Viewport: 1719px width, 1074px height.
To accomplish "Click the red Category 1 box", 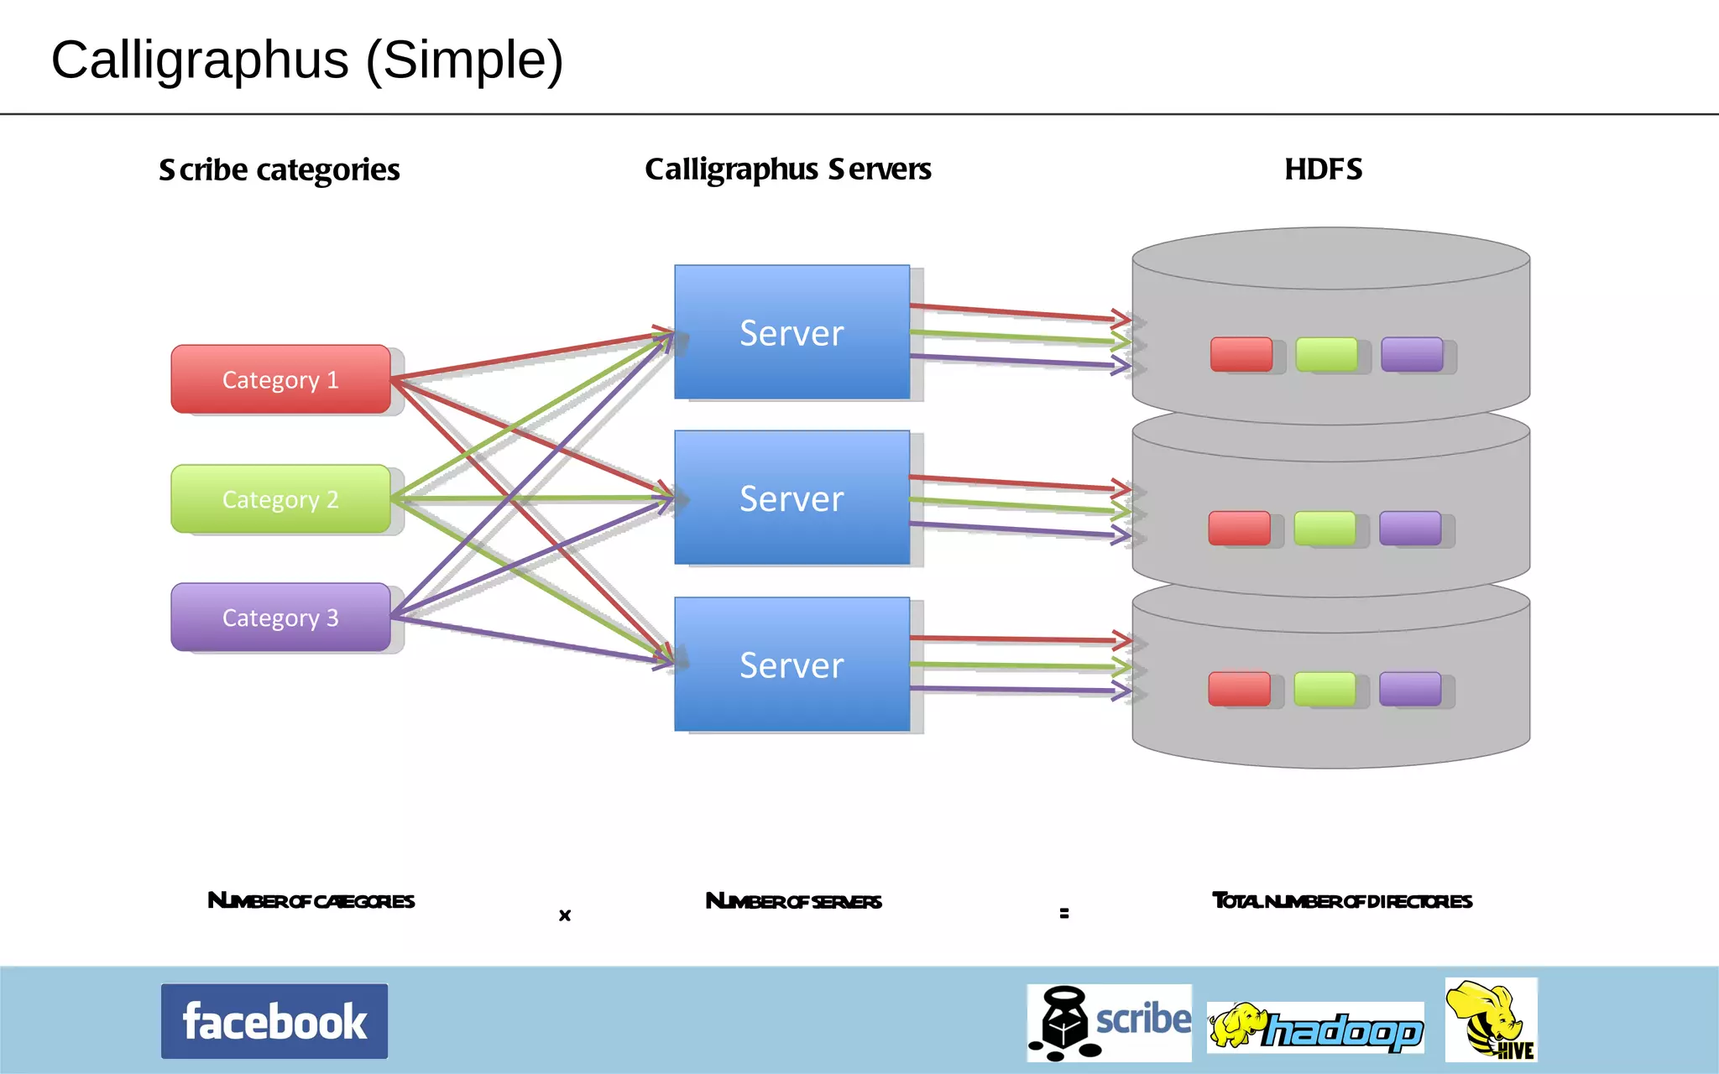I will (280, 379).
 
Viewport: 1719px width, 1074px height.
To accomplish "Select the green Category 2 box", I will (280, 499).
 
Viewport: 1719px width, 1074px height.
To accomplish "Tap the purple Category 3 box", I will (280, 618).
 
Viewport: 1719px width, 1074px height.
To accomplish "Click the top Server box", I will (792, 332).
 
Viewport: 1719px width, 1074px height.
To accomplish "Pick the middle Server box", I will (792, 498).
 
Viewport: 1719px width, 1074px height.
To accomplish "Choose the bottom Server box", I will (792, 665).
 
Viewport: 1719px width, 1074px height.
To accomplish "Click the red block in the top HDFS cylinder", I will (1241, 354).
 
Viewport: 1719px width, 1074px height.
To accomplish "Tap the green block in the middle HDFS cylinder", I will (1325, 529).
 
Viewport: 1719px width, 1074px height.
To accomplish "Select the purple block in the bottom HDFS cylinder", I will (1410, 689).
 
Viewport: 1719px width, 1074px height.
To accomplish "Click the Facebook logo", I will (274, 1021).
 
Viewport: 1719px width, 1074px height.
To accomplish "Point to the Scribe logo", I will (1109, 1023).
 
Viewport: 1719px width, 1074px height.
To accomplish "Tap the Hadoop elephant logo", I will (1315, 1028).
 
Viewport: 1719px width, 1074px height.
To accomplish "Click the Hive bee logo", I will (1491, 1019).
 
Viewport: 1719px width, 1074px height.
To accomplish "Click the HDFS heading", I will (1323, 169).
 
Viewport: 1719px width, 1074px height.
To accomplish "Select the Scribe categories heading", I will (279, 170).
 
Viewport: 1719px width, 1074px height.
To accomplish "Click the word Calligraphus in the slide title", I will (200, 60).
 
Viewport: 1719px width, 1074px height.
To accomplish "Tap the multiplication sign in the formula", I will (565, 915).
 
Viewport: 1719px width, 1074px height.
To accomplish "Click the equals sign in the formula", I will (1064, 913).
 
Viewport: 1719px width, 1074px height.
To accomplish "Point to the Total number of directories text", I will (1341, 901).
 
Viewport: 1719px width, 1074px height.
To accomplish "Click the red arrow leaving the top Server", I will (1016, 312).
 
